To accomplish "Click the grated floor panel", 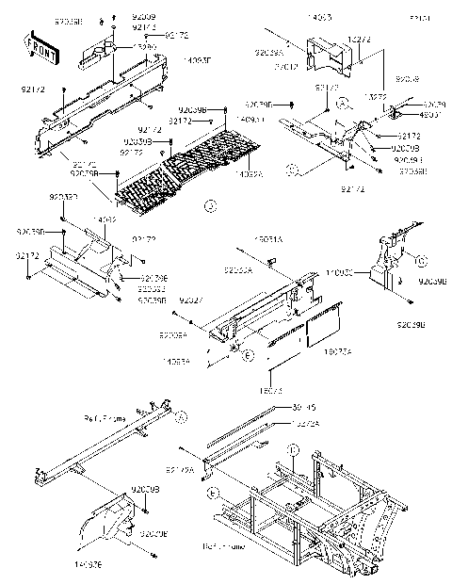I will [188, 170].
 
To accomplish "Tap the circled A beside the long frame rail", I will [182, 415].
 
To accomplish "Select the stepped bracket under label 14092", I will [85, 264].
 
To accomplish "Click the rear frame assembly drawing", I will [311, 499].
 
